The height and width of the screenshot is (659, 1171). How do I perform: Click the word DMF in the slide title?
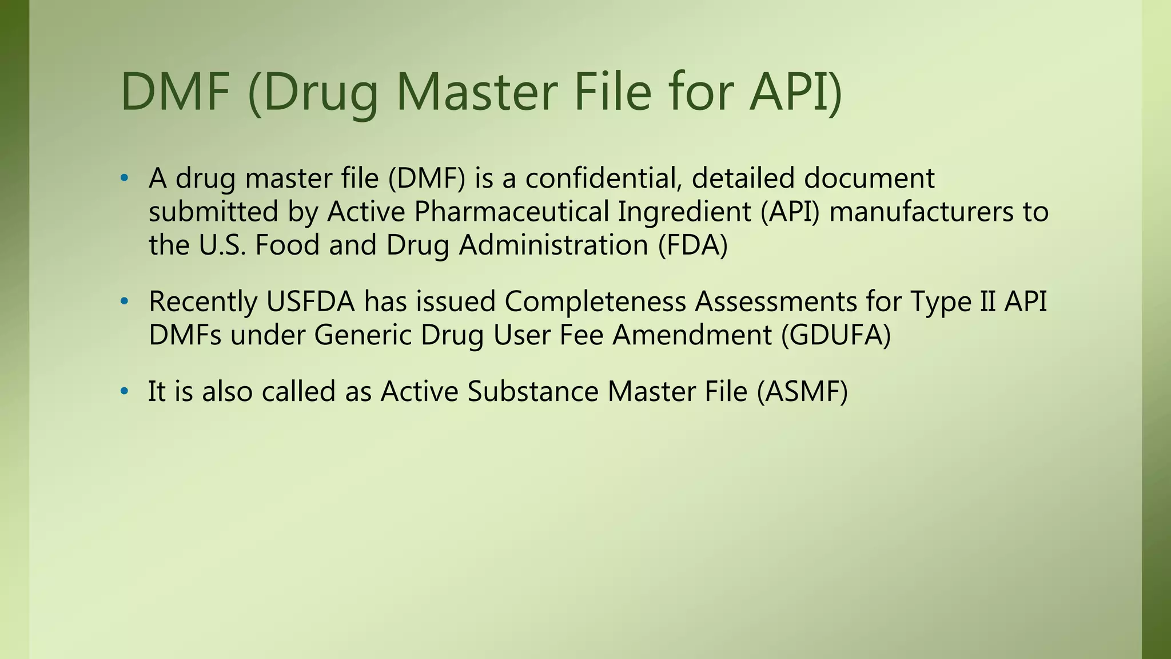tap(175, 92)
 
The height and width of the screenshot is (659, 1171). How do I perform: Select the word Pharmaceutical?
tap(511, 212)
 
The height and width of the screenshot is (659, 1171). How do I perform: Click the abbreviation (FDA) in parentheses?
tap(693, 245)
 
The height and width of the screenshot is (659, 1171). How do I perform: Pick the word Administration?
tap(553, 245)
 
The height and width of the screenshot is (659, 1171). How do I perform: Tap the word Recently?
tap(203, 301)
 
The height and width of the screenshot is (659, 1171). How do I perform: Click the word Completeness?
tap(595, 301)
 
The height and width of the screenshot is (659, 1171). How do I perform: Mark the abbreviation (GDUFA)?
tap(836, 335)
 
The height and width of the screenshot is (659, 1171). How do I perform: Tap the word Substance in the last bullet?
tap(532, 391)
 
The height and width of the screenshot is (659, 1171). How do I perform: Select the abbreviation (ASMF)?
tap(802, 391)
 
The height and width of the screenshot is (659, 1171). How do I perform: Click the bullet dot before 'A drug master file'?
tap(124, 178)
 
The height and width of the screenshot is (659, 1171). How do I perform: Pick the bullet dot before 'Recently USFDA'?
tap(124, 301)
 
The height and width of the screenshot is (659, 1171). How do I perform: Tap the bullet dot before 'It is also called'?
tap(124, 392)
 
